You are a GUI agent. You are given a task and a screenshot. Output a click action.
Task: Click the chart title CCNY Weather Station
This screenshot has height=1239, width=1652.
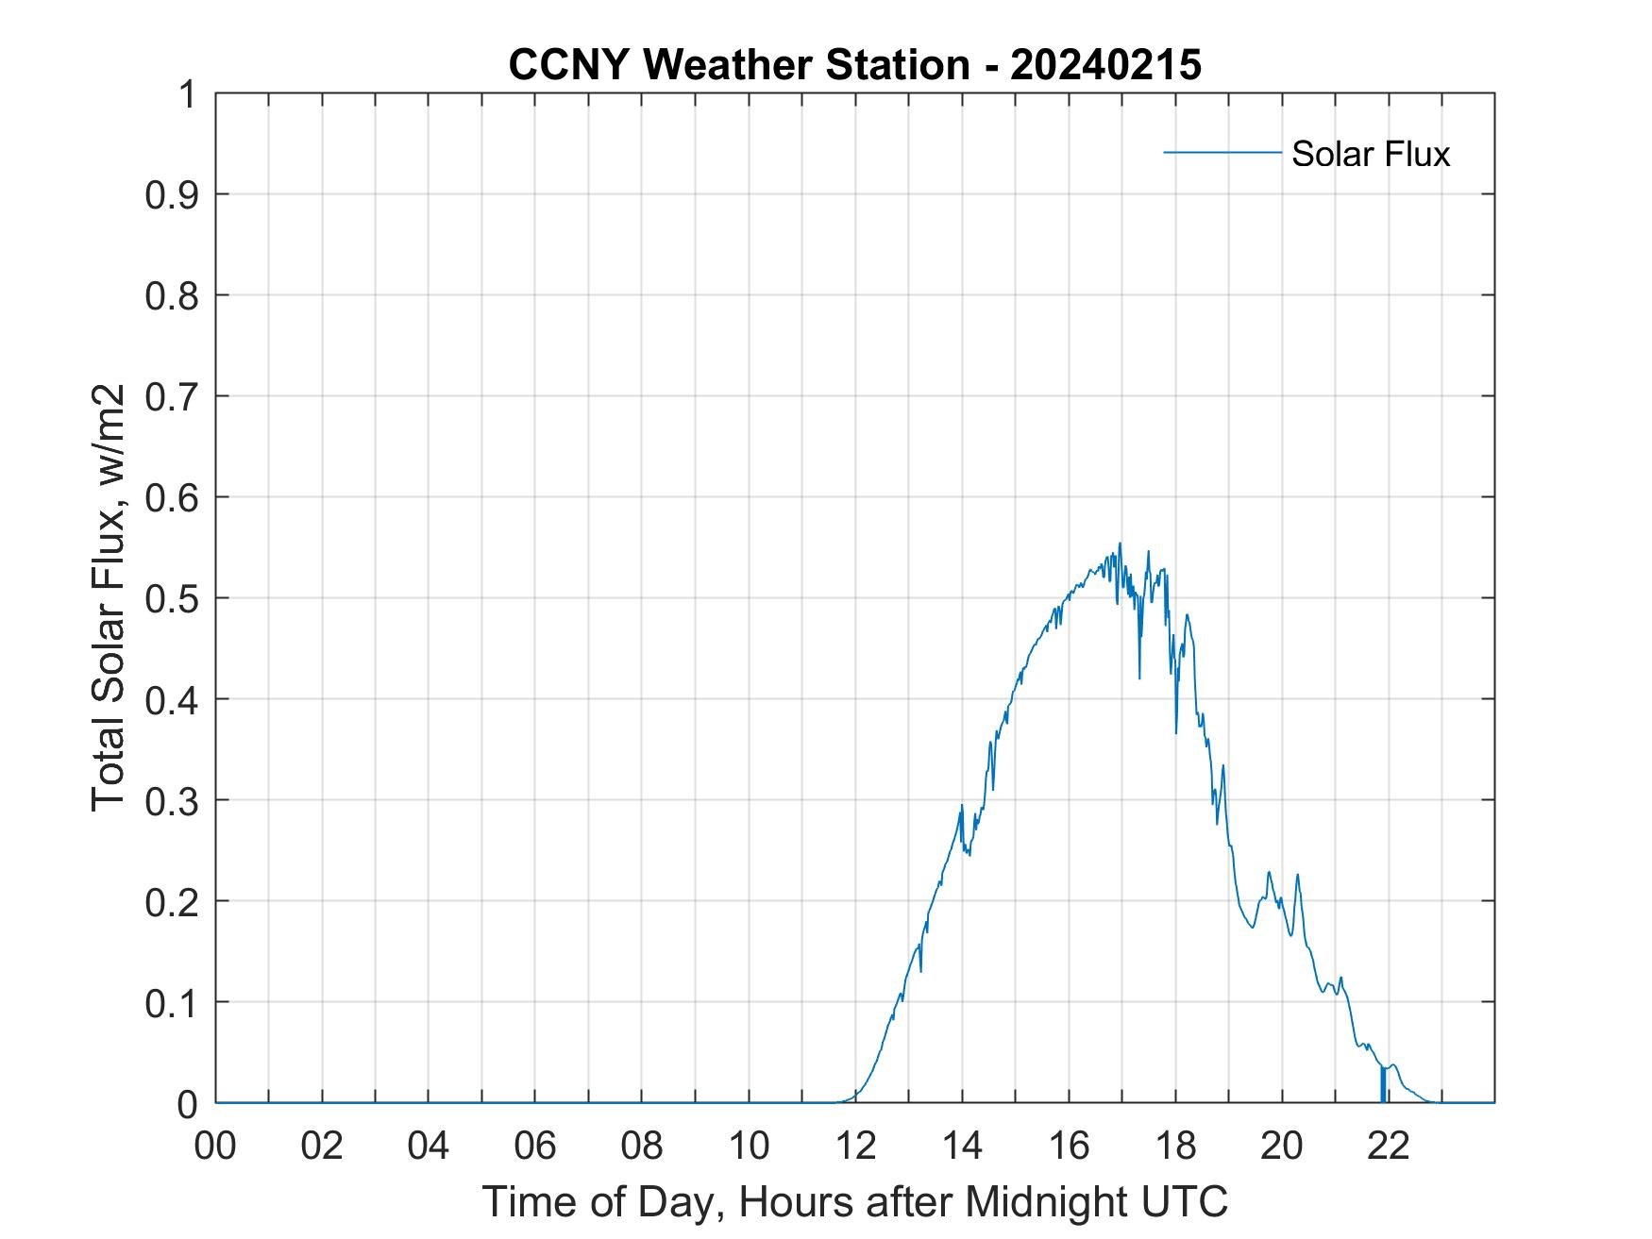coord(738,65)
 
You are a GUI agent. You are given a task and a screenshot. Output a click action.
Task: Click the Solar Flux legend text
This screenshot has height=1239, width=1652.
coord(1370,154)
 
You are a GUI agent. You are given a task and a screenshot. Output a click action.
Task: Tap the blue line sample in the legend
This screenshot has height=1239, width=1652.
coord(1222,152)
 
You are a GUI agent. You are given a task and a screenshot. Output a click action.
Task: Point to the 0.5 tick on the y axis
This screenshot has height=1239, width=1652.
coord(172,598)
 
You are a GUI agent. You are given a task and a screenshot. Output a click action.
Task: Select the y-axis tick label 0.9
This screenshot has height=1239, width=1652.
coord(172,194)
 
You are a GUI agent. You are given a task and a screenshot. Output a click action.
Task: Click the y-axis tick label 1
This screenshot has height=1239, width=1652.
coord(187,94)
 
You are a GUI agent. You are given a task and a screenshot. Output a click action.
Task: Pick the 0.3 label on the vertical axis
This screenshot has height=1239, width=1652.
coord(172,800)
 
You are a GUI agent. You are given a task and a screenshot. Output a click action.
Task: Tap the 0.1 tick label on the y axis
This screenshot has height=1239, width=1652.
coord(172,1002)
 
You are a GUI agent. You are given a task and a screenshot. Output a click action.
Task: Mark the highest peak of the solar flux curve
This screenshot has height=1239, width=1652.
coord(1120,544)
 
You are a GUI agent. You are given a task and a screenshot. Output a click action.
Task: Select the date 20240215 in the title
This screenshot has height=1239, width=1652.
coord(1106,65)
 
